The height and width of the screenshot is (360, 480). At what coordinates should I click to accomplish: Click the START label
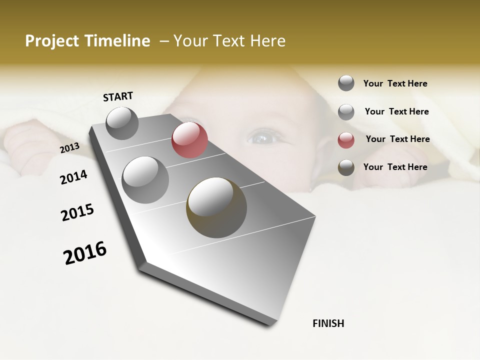point(118,96)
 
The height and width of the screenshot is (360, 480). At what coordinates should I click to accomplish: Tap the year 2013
point(69,148)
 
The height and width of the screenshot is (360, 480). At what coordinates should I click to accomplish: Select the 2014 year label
point(73,177)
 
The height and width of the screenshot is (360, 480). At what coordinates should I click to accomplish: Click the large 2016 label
point(85,252)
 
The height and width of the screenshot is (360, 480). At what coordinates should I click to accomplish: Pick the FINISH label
point(328,323)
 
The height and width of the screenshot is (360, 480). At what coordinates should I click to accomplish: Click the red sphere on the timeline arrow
point(189,140)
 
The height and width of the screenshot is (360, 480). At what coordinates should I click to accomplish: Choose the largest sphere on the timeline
point(216,207)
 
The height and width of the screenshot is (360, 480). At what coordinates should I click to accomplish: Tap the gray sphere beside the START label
point(122,123)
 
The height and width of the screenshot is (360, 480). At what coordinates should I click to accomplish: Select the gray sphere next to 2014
point(145,179)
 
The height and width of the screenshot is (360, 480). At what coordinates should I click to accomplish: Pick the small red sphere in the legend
point(346,140)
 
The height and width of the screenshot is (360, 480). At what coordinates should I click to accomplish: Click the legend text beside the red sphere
point(397,139)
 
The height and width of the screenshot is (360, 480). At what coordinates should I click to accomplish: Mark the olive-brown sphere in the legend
point(346,168)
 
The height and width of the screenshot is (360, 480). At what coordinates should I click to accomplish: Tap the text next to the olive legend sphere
point(395,167)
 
